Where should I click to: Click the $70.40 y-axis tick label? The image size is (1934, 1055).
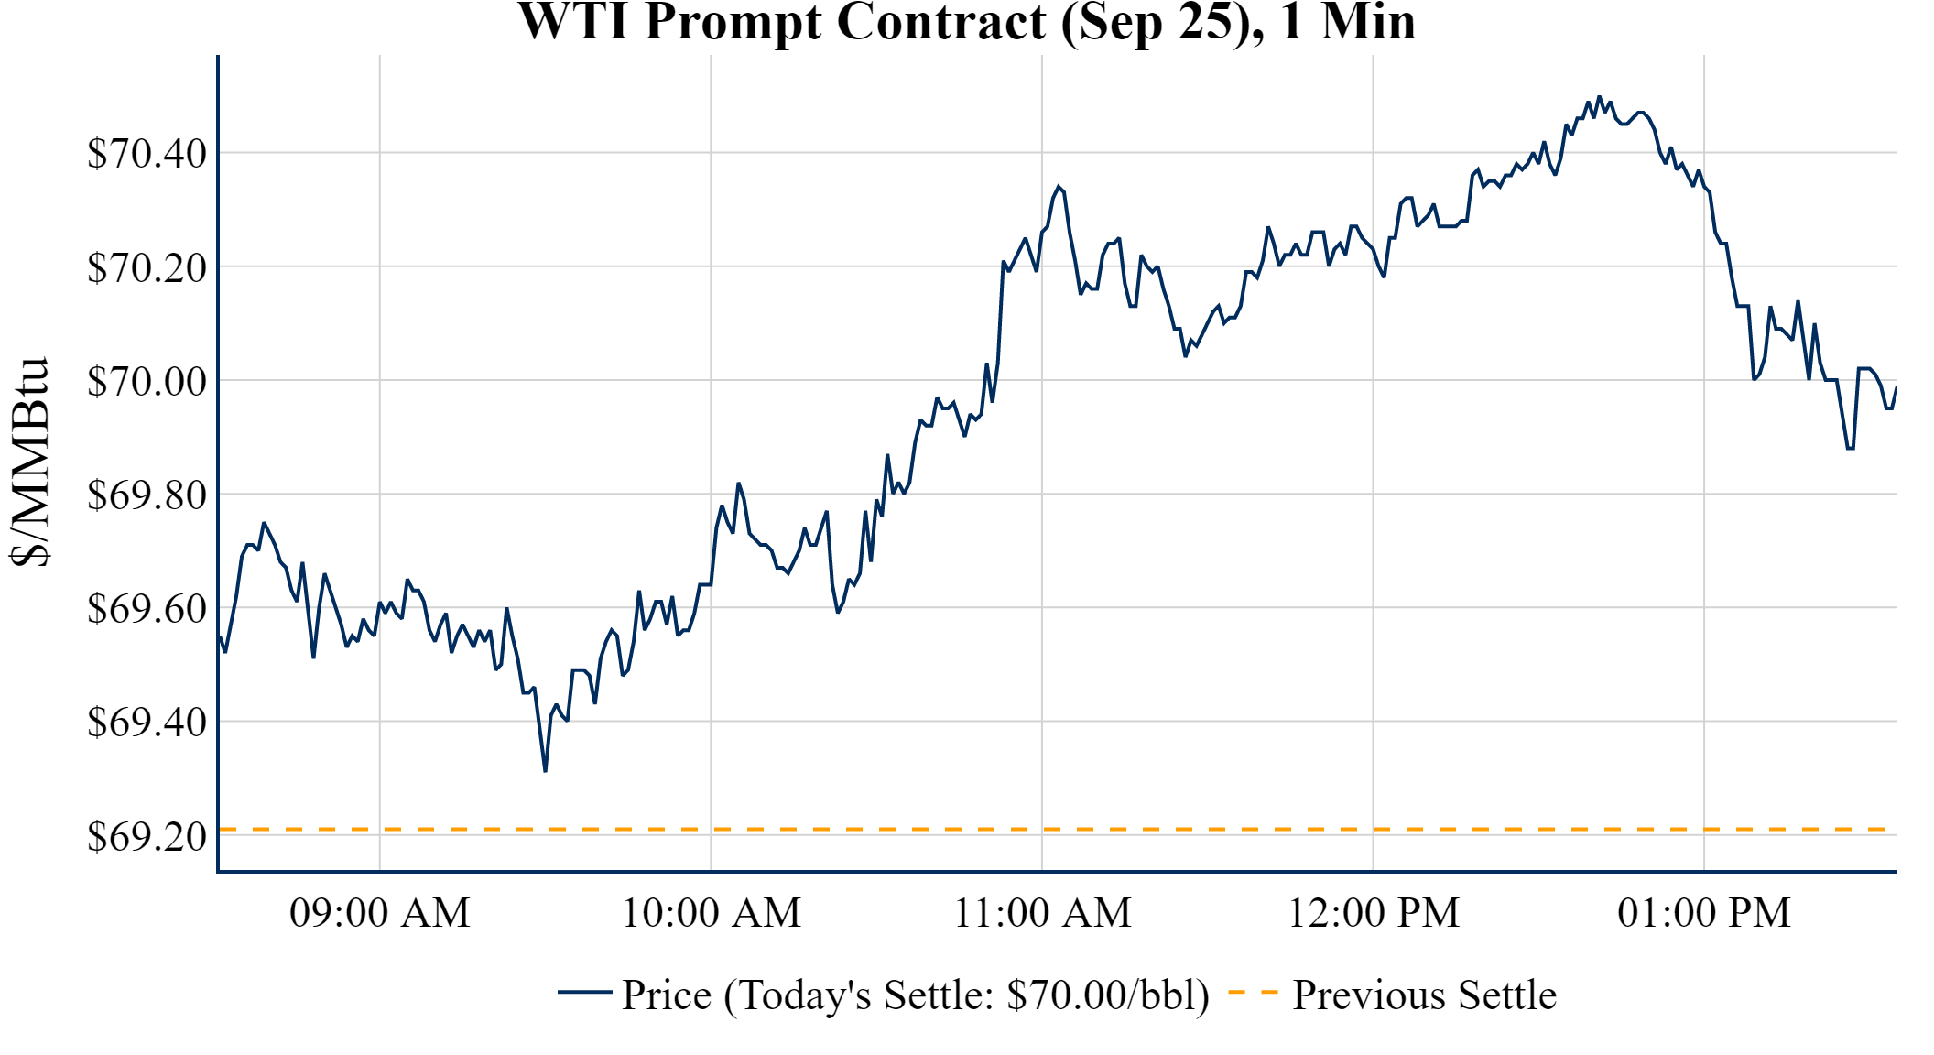pos(147,154)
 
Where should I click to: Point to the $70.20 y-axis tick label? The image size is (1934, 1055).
pos(147,267)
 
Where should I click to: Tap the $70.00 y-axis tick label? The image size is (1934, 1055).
pos(147,381)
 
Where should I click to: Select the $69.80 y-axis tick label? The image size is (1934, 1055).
pos(147,495)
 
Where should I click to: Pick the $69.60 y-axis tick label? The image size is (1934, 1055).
pos(147,608)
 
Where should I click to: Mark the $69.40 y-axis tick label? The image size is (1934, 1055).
pos(147,722)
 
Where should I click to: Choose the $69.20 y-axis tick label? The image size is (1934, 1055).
pos(147,835)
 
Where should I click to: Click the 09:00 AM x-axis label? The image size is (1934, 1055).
pos(379,913)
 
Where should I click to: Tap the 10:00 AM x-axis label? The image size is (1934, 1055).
pos(711,913)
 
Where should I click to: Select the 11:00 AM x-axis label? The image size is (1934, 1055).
pos(1042,913)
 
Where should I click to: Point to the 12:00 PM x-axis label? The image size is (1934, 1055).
pos(1374,913)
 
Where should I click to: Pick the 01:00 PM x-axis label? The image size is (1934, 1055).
pos(1704,913)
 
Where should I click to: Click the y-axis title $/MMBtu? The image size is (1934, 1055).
pos(29,462)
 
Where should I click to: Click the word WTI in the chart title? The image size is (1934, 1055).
pos(575,22)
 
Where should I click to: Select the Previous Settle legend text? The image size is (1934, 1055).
pos(1424,995)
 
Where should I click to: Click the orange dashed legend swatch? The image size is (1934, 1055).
pos(1252,992)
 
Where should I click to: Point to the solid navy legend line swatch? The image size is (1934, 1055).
pos(584,992)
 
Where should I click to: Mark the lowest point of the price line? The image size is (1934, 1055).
pos(545,771)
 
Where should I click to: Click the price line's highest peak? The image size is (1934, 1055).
pos(1599,96)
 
